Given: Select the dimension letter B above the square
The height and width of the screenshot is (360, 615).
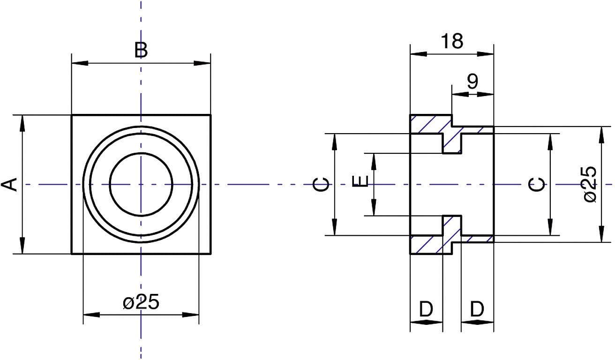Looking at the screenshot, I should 141,50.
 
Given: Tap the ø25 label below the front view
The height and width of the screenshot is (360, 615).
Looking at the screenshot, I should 141,302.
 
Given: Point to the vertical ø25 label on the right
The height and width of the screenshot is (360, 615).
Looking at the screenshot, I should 590,184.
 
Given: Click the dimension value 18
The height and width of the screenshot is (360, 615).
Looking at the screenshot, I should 452,42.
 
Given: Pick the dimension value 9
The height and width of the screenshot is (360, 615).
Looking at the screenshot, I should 472,82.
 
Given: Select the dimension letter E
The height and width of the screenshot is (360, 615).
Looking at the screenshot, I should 360,182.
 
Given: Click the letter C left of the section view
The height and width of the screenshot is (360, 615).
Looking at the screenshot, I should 321,185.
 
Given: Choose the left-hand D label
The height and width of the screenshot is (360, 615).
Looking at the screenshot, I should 426,309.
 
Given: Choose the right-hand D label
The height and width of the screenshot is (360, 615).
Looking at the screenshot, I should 477,309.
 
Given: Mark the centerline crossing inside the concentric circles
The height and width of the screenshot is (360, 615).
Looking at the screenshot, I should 141,184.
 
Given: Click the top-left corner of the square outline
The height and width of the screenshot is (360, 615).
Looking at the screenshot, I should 72,115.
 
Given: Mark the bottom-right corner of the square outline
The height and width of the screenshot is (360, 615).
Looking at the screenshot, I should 210,254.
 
